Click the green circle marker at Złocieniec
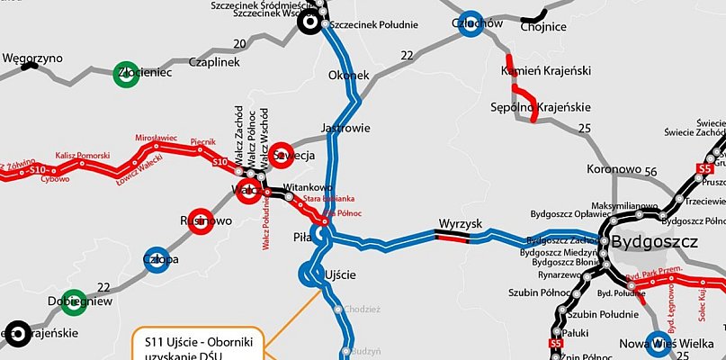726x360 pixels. pos(126,75)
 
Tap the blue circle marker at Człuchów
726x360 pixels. pos(468,26)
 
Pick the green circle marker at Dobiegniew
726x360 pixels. pos(72,301)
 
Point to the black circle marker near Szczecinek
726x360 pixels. pos(311,24)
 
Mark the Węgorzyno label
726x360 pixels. pos(32,58)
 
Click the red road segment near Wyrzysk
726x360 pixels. pos(452,237)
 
